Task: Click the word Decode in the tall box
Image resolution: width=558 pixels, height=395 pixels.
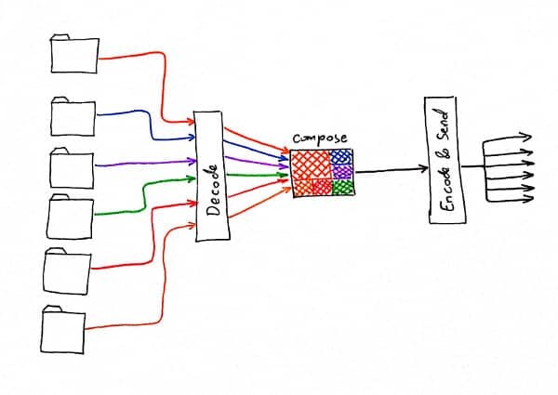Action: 214,190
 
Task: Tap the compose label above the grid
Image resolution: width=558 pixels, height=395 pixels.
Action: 320,138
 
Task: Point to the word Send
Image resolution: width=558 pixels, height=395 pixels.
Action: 443,124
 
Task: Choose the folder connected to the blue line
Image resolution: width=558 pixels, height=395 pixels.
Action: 73,116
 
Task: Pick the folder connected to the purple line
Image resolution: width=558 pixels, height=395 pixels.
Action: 72,168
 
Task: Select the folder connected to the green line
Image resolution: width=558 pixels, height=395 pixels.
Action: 70,217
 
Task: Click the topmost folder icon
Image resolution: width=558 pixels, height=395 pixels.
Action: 74,54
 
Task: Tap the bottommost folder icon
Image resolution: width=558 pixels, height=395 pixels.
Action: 63,330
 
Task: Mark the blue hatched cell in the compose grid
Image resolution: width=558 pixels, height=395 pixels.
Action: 341,156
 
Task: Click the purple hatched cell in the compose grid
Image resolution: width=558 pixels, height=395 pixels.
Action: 342,172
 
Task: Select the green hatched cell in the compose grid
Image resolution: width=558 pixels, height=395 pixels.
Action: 342,187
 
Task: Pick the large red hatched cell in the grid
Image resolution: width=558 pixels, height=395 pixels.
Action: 312,165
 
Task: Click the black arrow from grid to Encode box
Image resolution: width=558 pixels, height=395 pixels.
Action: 392,170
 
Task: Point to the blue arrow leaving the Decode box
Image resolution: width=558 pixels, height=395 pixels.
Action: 257,150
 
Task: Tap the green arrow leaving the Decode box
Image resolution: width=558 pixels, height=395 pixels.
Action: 257,175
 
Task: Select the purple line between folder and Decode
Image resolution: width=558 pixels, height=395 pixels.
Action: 145,164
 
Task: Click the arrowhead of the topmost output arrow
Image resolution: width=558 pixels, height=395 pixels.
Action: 526,137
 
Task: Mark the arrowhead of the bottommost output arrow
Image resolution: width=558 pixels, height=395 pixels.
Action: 529,199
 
